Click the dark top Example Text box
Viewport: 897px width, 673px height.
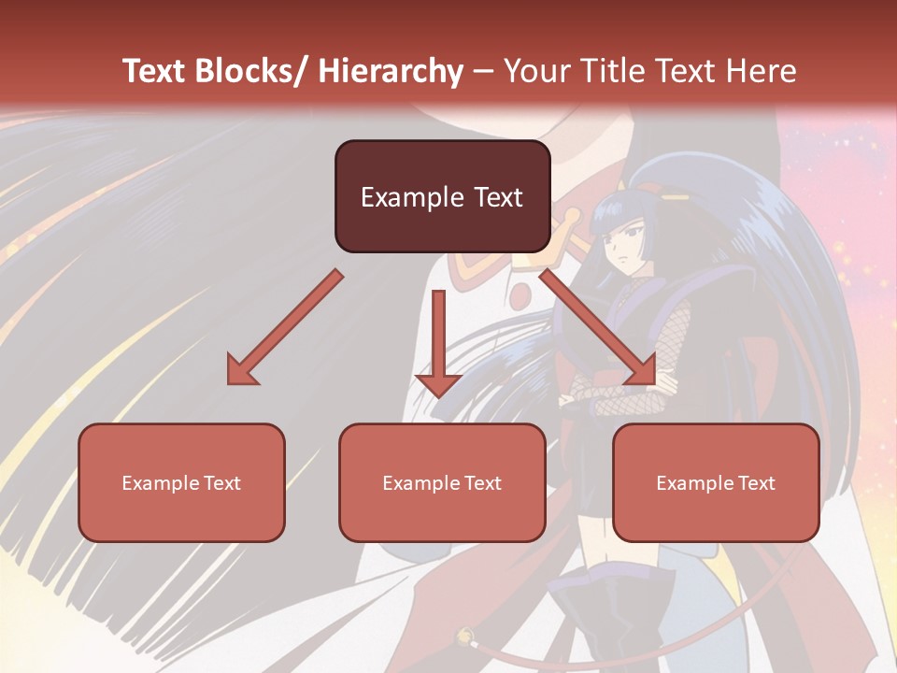point(442,196)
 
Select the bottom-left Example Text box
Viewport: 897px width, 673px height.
point(181,482)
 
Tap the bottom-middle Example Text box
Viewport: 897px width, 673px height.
point(442,482)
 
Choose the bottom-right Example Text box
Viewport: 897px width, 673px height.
point(716,482)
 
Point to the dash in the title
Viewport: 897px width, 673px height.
point(483,71)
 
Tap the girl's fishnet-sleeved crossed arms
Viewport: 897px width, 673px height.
point(617,393)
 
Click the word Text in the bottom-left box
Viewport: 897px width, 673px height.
point(222,482)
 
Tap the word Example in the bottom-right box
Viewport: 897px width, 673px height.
point(692,482)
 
